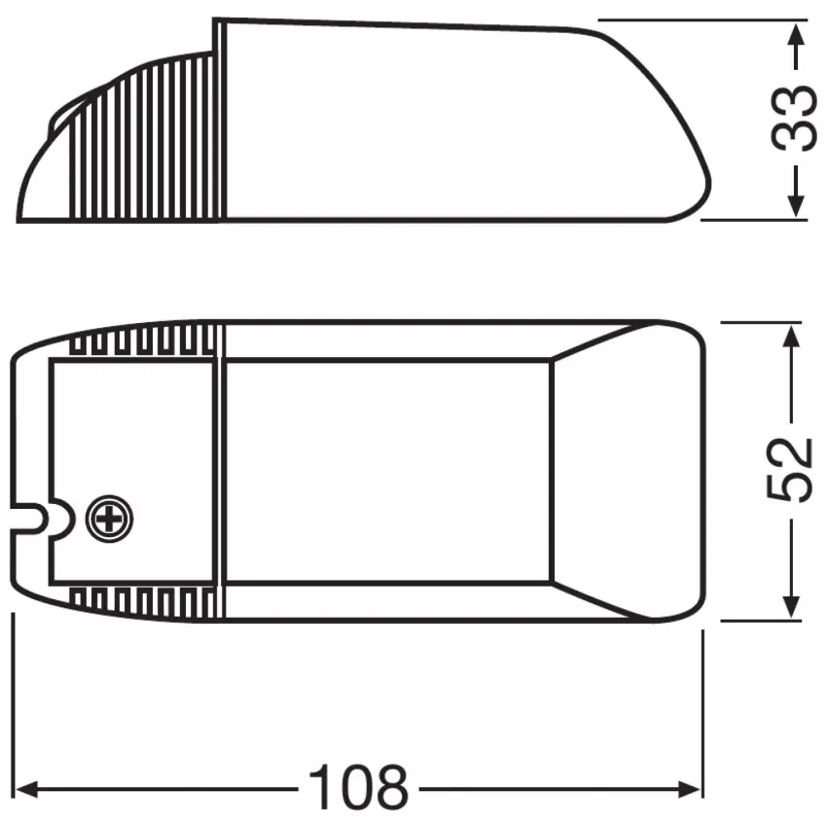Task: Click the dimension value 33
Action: (794, 119)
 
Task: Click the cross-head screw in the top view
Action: (109, 520)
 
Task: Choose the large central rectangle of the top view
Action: (389, 472)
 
